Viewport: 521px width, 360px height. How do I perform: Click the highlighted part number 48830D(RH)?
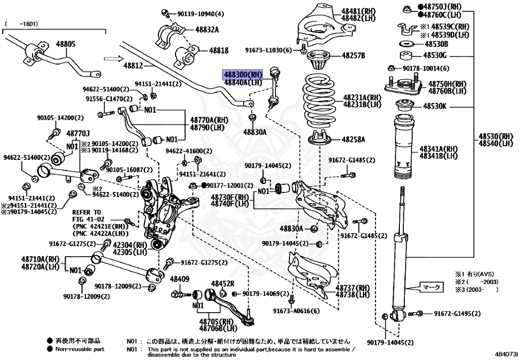pyautogui.click(x=242, y=74)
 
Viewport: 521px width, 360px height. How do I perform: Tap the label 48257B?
pyautogui.click(x=354, y=55)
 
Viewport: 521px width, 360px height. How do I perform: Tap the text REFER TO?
pyautogui.click(x=86, y=212)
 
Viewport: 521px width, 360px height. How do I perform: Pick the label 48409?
pyautogui.click(x=179, y=279)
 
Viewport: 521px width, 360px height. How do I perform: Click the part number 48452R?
pyautogui.click(x=223, y=284)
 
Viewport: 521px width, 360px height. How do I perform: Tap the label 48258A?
pyautogui.click(x=354, y=139)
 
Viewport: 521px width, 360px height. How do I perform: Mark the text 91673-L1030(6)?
pyautogui.click(x=268, y=50)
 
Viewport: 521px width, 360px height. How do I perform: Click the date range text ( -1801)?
pyautogui.click(x=21, y=23)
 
